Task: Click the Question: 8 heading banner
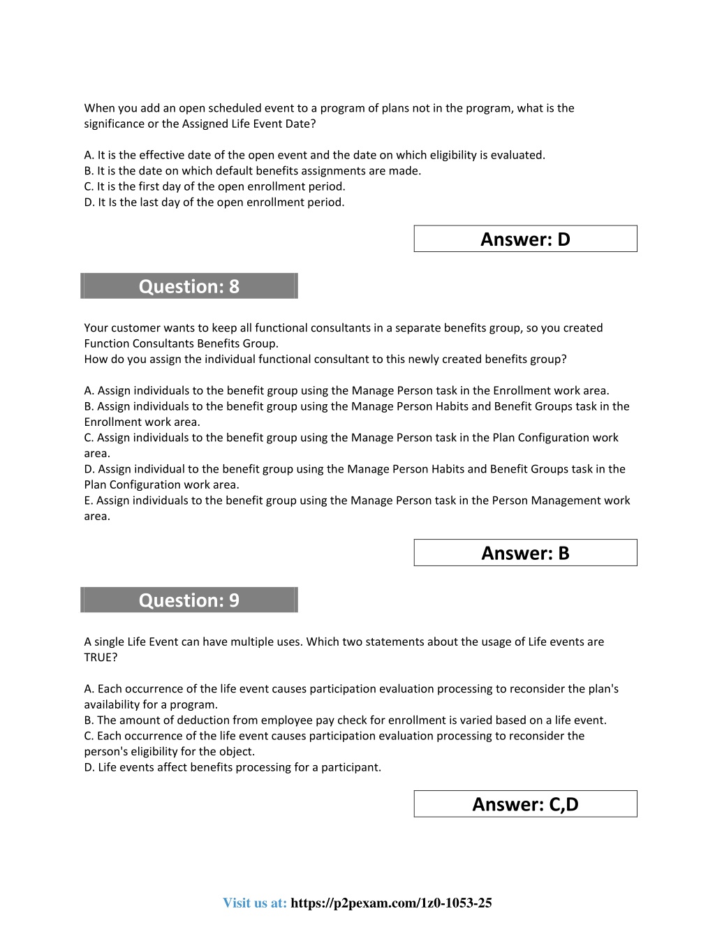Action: tap(189, 286)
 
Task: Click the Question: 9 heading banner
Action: tap(189, 600)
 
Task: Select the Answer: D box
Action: tap(525, 239)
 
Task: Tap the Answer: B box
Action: tap(525, 553)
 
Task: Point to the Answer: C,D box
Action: tap(525, 804)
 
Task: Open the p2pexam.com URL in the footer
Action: tap(391, 903)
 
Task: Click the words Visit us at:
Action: tap(255, 903)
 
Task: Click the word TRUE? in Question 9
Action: tap(101, 658)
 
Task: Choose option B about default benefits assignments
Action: tap(253, 171)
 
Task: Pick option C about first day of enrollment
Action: tap(215, 186)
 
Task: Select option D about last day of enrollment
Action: tap(214, 202)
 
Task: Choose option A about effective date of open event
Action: tap(314, 155)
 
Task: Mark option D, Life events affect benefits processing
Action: tap(233, 767)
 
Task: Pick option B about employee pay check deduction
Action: tap(345, 720)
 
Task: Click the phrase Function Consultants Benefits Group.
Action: tap(181, 343)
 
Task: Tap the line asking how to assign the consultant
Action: tap(325, 360)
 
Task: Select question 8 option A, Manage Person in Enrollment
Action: tap(346, 391)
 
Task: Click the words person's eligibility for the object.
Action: tap(170, 752)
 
